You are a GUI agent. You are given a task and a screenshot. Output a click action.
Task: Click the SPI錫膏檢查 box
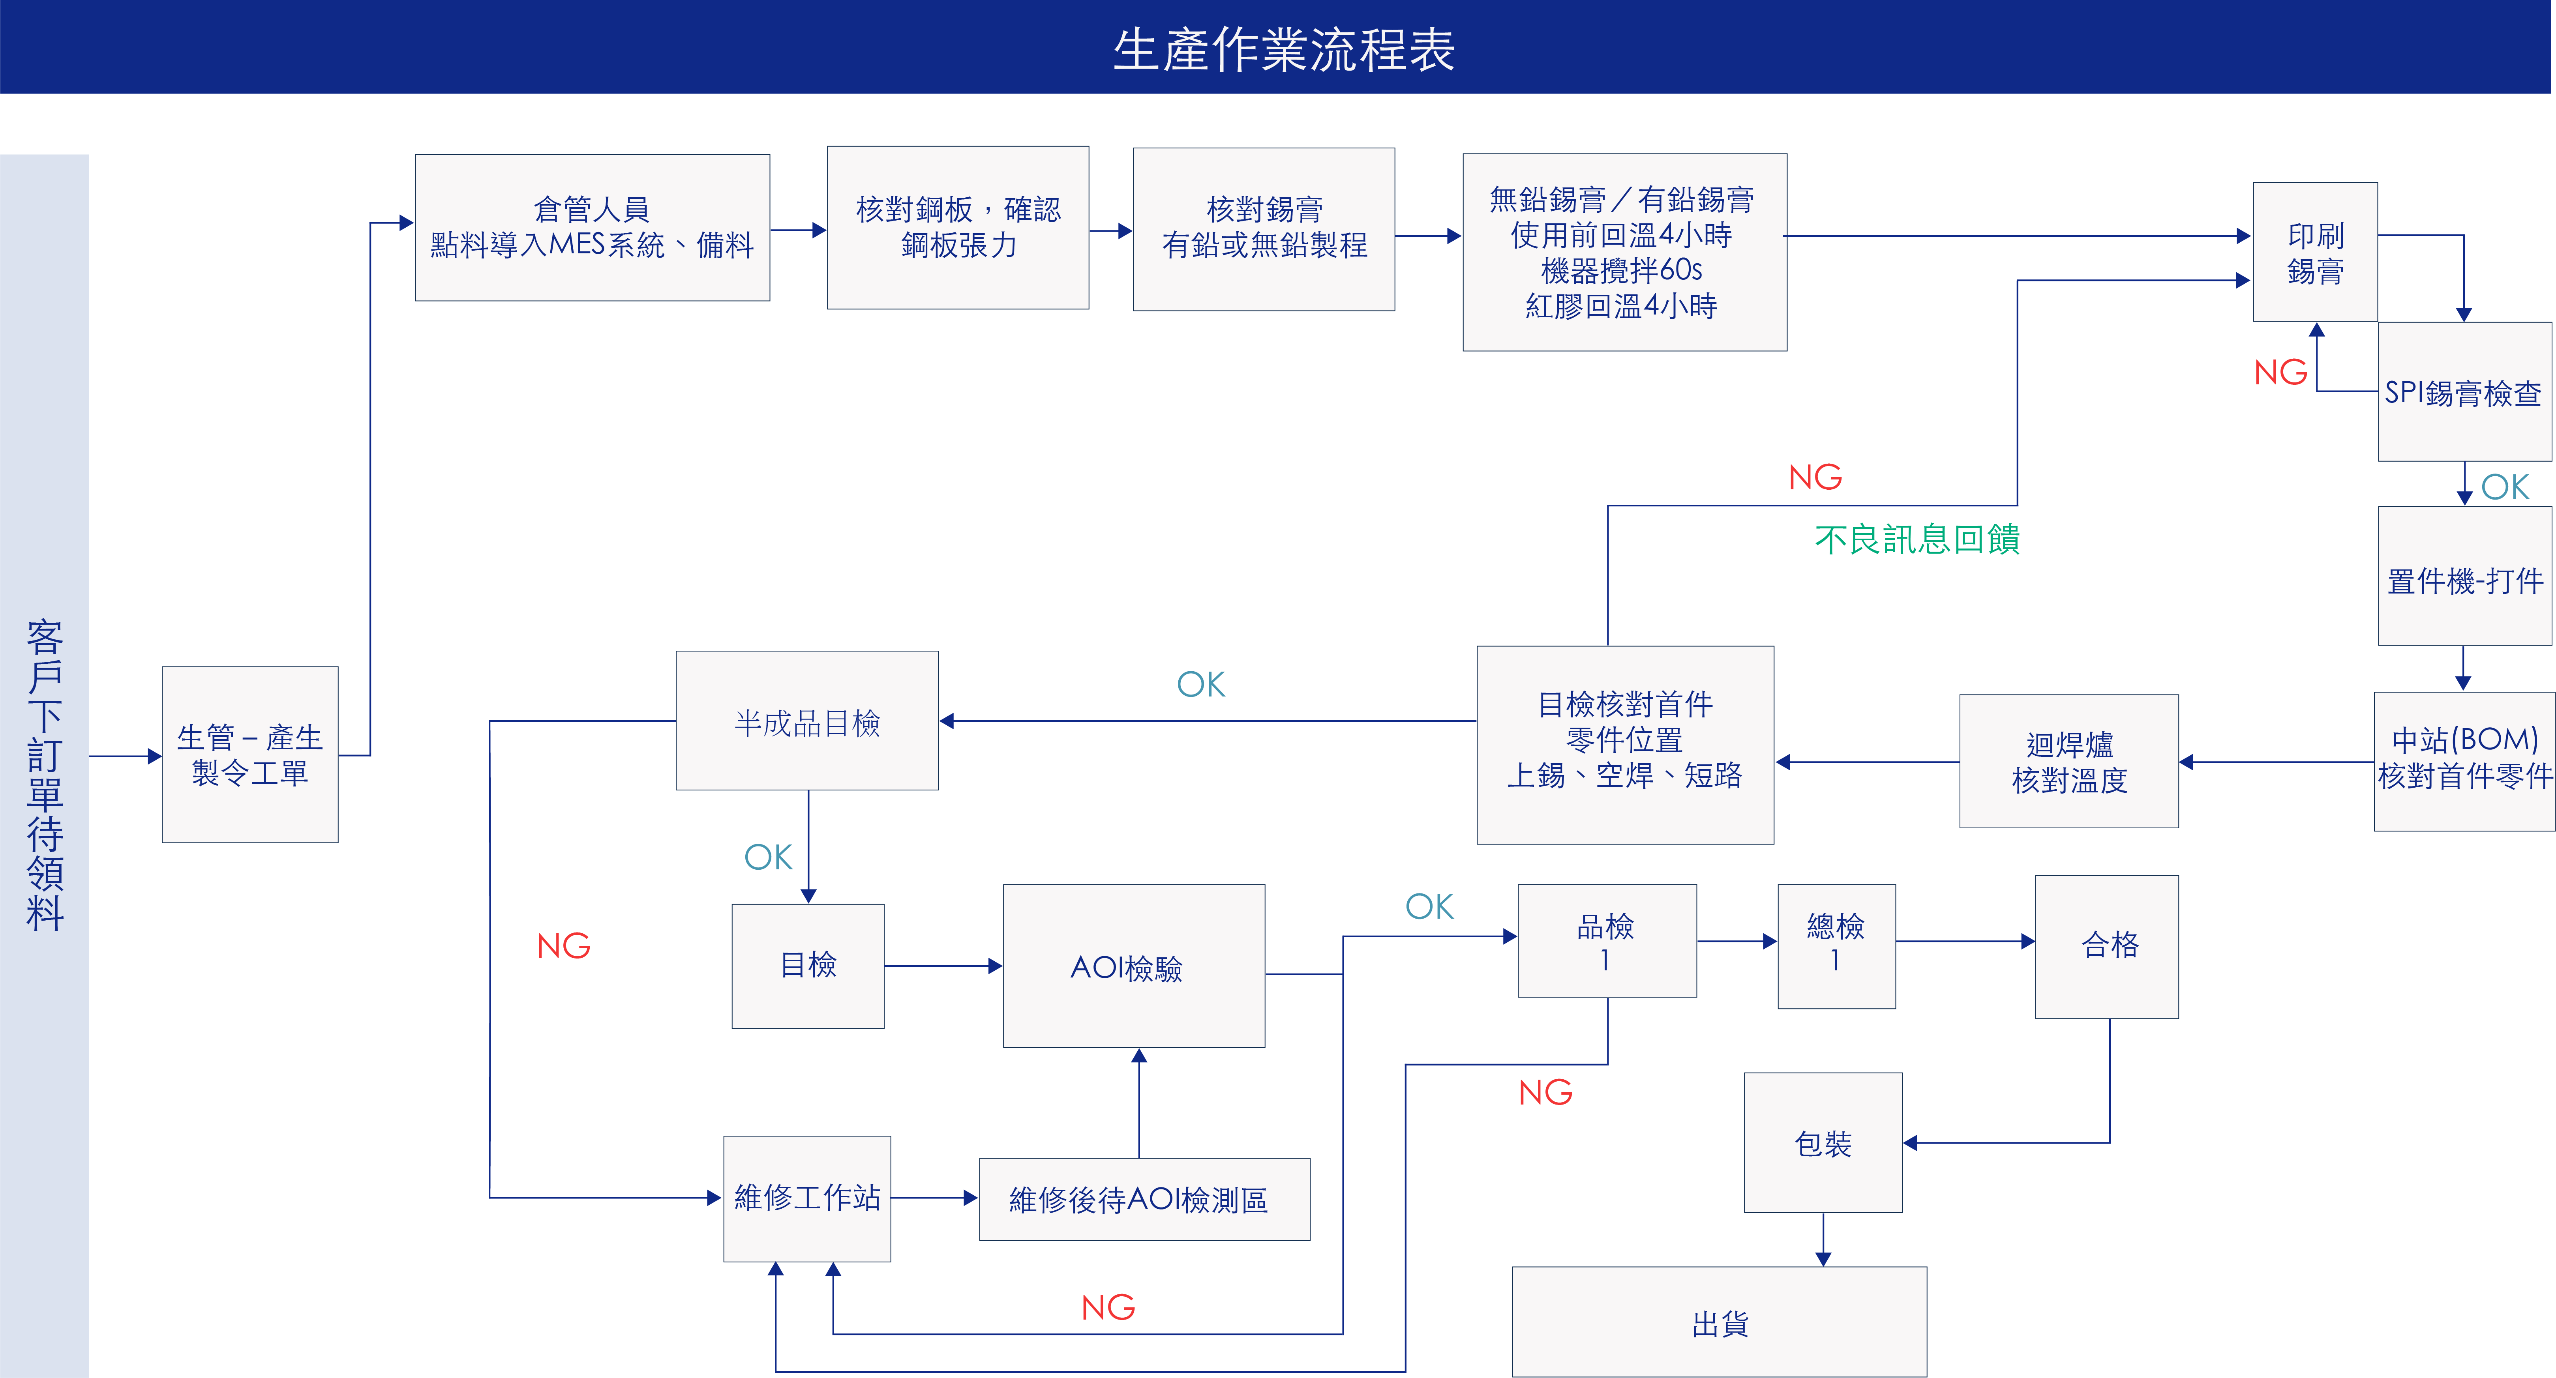coord(2464,392)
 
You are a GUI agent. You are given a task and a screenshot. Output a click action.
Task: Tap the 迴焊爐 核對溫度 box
coord(2069,761)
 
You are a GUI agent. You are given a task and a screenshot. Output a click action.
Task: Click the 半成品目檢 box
coord(807,721)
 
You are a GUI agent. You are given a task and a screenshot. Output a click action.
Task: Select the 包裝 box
coord(1823,1143)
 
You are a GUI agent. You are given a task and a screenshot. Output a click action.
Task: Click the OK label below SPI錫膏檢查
coord(2504,487)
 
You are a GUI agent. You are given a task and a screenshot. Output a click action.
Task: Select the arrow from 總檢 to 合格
coord(1965,942)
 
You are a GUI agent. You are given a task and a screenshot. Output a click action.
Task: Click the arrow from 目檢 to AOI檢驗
coord(943,965)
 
